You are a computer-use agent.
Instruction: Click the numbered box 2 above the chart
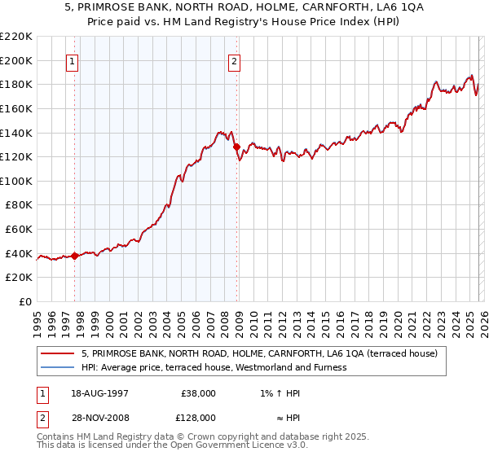pyautogui.click(x=235, y=61)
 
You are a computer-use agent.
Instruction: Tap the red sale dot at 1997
pyautogui.click(x=74, y=256)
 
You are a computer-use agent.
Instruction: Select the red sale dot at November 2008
pyautogui.click(x=236, y=147)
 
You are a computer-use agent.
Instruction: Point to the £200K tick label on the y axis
pyautogui.click(x=16, y=60)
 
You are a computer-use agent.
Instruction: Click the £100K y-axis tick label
pyautogui.click(x=16, y=181)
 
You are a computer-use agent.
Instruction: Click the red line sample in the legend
pyautogui.click(x=57, y=354)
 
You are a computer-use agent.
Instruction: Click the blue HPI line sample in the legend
pyautogui.click(x=57, y=367)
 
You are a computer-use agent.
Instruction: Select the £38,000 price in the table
pyautogui.click(x=198, y=392)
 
